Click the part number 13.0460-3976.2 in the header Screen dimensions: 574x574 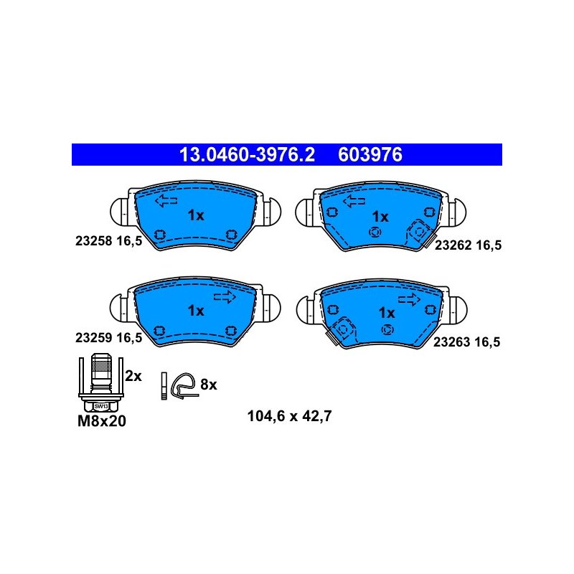point(247,154)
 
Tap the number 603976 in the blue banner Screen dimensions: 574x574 point(370,154)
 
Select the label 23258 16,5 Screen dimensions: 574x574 point(109,241)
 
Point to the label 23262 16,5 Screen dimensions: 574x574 point(468,245)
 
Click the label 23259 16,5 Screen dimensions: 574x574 point(109,337)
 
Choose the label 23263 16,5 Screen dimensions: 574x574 point(467,342)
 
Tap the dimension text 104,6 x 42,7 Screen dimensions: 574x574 point(290,416)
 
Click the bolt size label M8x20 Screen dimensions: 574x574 point(102,421)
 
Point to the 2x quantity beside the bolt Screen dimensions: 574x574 point(133,376)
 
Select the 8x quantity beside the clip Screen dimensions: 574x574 point(209,385)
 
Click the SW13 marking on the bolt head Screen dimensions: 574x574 point(101,406)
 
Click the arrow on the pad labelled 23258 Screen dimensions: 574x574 point(166,201)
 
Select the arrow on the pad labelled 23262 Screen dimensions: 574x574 point(354,201)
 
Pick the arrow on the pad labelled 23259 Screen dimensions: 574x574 point(225,297)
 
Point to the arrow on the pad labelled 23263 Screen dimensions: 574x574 point(409,299)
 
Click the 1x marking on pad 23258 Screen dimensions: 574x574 point(196,215)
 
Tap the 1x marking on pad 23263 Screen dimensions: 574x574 point(387,313)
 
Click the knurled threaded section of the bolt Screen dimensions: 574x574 point(101,366)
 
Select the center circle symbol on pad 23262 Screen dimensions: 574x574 point(375,232)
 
